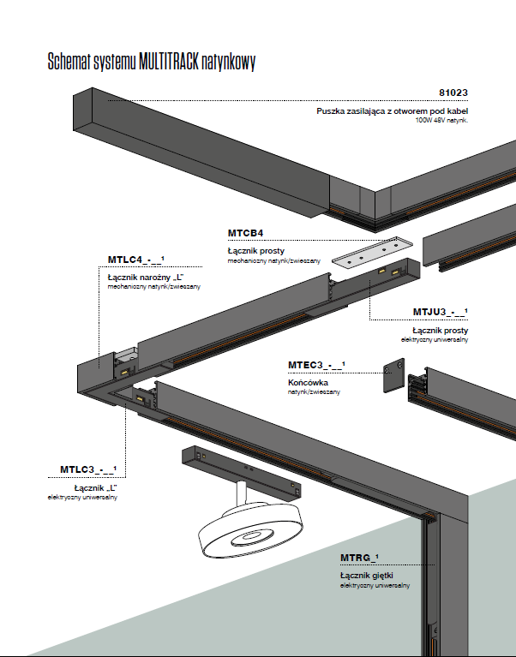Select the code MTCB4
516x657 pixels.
(x=245, y=233)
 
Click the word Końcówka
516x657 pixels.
(x=309, y=382)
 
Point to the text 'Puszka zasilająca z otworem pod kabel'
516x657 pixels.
(x=392, y=111)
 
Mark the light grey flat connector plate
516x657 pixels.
(x=372, y=254)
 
